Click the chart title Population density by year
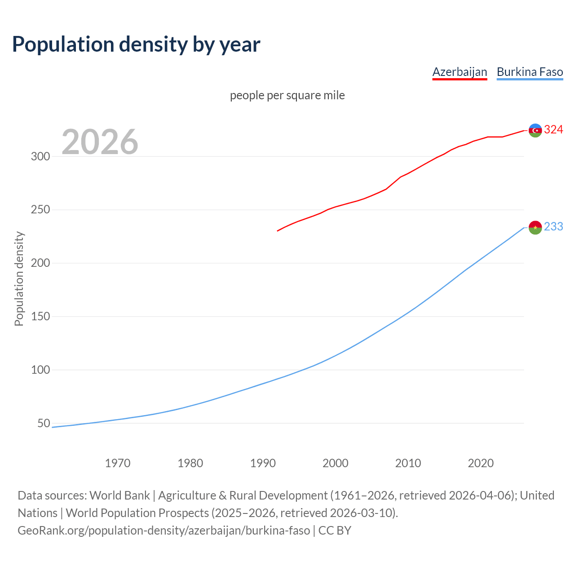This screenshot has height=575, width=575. tap(136, 44)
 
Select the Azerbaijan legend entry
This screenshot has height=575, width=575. tap(460, 72)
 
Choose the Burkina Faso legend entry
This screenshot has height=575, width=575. tap(530, 72)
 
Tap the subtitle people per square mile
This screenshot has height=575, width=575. tap(287, 95)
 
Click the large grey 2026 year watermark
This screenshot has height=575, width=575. tap(100, 142)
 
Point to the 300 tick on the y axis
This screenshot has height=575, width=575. tap(40, 156)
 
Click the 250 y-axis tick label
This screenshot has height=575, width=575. tap(40, 210)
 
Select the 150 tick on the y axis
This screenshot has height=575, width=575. tap(40, 317)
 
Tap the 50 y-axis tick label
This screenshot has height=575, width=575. tap(44, 423)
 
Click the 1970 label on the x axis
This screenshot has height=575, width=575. tap(118, 463)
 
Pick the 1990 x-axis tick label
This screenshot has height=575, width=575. tap(263, 463)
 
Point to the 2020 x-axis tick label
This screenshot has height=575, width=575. tap(481, 463)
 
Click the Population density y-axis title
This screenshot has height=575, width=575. tap(19, 279)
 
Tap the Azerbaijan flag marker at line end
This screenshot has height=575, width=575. tap(535, 130)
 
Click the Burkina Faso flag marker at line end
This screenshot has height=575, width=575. tap(535, 227)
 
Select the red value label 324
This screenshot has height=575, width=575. tap(553, 130)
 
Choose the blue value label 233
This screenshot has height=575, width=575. tap(553, 227)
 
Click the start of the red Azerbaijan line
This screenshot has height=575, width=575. tap(278, 230)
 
